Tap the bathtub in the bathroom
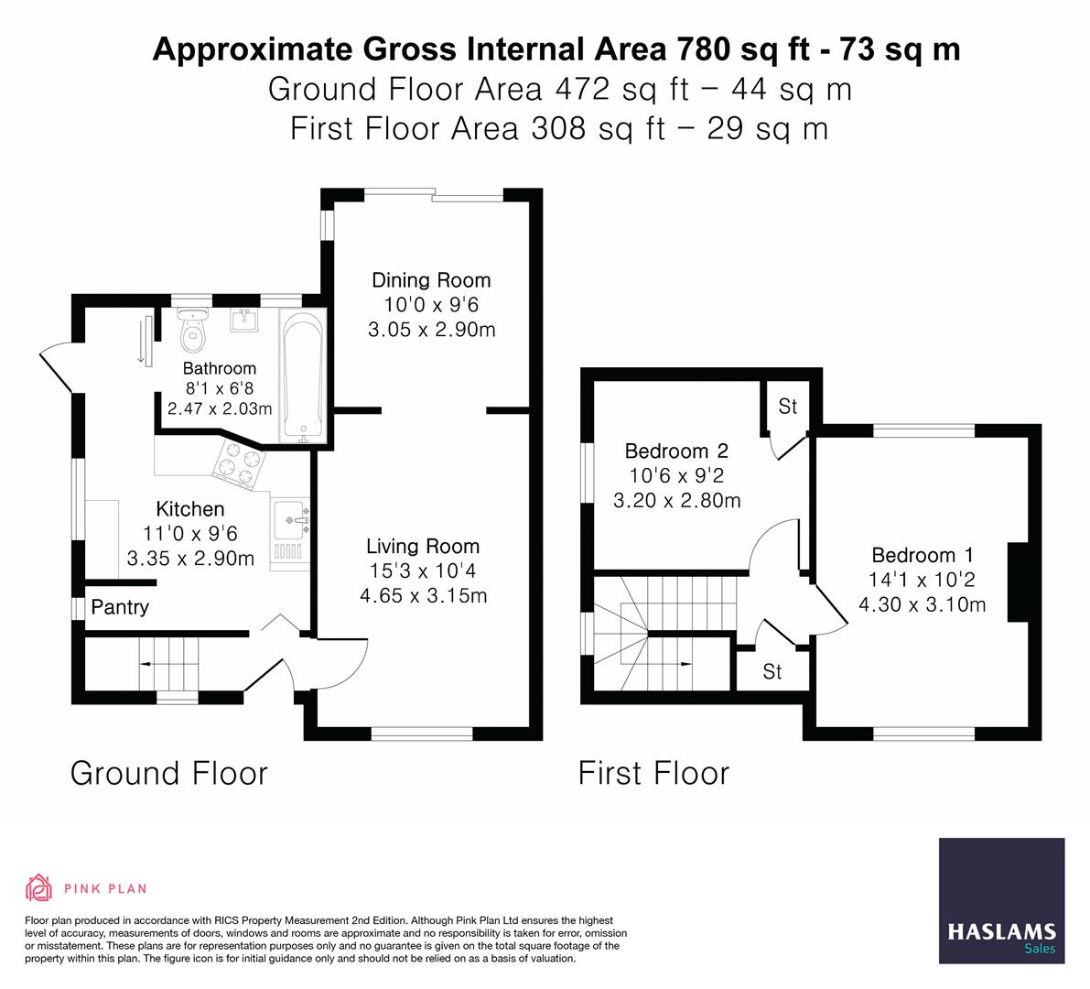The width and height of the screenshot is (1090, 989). [302, 375]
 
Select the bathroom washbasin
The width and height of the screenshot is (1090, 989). [244, 320]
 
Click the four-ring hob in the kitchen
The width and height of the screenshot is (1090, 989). [239, 462]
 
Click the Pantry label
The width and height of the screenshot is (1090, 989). [120, 607]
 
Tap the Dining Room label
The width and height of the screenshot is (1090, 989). [431, 280]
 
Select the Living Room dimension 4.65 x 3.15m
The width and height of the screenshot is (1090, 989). [423, 596]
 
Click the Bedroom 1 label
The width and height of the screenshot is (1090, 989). [922, 555]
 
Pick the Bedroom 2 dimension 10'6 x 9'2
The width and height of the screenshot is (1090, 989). [676, 475]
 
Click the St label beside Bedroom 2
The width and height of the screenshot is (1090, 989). [787, 406]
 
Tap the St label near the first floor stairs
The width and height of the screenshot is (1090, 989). [772, 672]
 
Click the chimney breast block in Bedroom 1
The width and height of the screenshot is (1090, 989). [1017, 582]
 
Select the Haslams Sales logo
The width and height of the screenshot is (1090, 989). [1001, 901]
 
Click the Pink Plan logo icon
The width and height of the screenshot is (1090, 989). [38, 887]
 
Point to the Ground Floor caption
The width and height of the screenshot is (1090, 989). [169, 773]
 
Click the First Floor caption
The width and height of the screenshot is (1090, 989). [653, 773]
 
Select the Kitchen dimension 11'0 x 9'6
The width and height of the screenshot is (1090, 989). [189, 534]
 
